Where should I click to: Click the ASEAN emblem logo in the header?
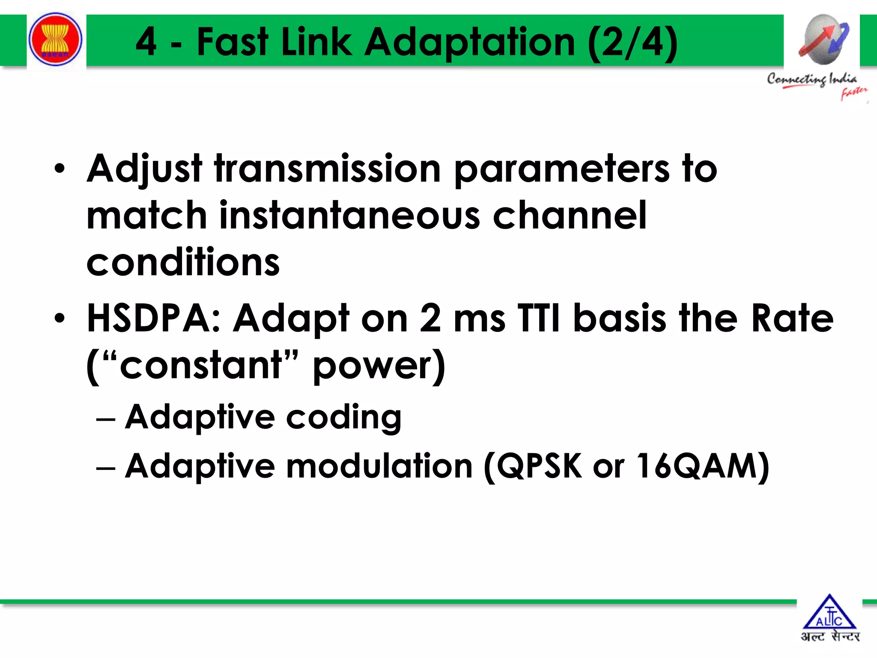pos(55,39)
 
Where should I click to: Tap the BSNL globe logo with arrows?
pos(823,39)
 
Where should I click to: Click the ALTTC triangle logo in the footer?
pos(829,613)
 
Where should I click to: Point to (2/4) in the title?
pos(633,42)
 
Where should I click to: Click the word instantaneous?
pos(349,215)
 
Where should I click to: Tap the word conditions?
pos(183,262)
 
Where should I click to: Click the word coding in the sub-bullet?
pos(343,417)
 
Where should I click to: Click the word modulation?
pos(379,466)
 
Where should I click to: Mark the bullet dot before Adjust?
pos(60,168)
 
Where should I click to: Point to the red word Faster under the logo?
pos(853,93)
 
